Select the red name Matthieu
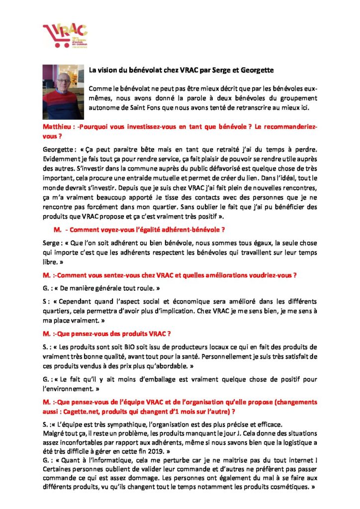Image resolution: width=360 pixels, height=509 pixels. click(58, 127)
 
